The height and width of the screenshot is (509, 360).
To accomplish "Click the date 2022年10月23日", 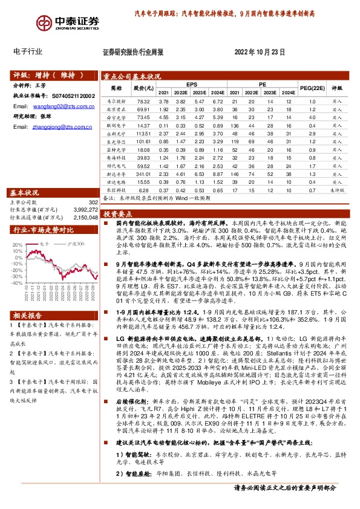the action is (259, 53).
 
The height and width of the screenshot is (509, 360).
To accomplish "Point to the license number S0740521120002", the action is (71, 96).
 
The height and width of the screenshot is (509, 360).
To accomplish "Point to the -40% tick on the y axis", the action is (17, 282).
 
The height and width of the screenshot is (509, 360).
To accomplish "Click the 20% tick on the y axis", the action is (18, 245).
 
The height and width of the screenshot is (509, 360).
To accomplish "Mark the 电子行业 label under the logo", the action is (28, 52).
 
